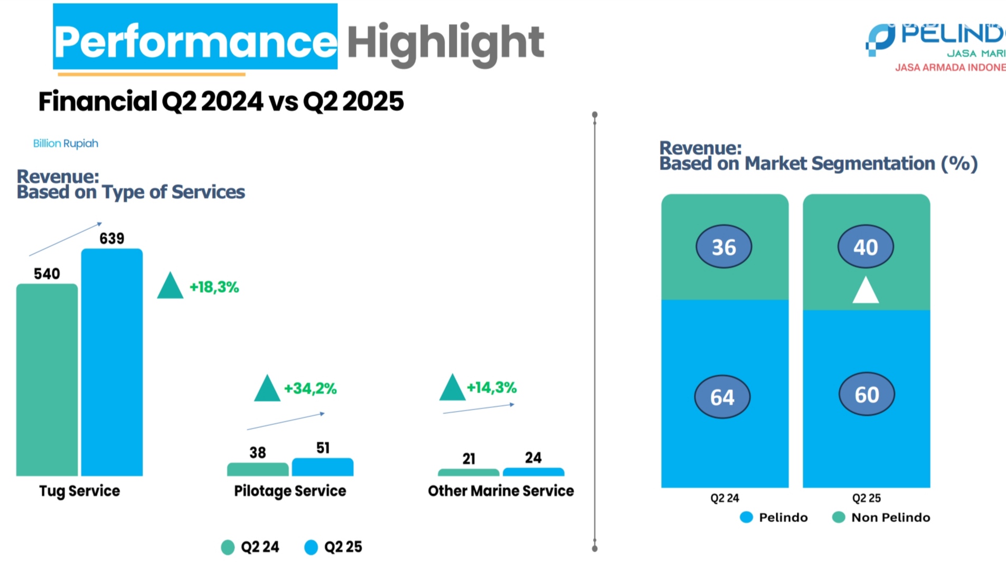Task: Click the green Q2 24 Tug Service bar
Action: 47,379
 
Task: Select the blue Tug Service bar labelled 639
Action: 112,362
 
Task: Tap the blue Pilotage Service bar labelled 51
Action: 323,467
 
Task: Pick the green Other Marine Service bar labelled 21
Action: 468,472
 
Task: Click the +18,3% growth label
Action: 214,287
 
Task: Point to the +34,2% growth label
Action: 310,389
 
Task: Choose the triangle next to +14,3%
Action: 452,388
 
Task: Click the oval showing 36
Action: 723,247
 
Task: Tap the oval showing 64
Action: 722,397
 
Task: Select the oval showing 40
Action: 866,247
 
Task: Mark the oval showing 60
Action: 867,395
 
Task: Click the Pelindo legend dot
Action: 746,517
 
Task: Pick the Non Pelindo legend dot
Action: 838,517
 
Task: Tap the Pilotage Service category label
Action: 290,491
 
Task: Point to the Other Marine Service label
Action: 501,491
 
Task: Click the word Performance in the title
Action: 195,41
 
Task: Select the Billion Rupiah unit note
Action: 65,144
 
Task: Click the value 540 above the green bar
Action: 47,274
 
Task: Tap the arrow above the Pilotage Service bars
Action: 286,421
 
